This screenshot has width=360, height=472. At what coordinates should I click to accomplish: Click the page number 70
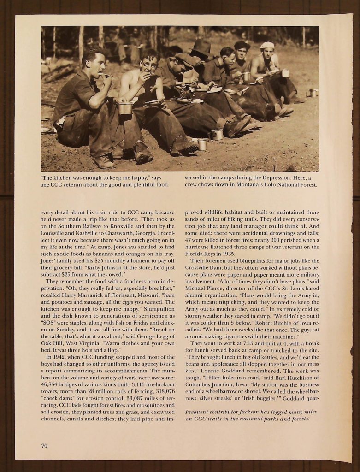tap(44, 445)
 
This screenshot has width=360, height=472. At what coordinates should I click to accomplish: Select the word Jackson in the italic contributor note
tap(247, 412)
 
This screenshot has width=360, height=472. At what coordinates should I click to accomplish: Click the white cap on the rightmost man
tap(267, 45)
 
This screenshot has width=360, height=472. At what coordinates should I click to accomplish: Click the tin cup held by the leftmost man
tap(125, 108)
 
